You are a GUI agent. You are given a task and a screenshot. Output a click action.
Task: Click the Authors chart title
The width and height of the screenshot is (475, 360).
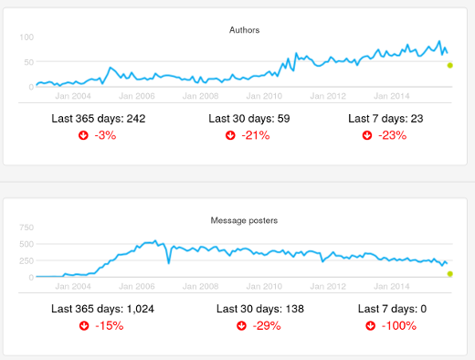pos(244,30)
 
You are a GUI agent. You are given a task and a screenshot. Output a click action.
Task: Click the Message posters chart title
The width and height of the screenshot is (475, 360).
pos(244,220)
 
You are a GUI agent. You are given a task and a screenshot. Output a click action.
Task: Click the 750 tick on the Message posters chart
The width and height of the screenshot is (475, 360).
pos(26,227)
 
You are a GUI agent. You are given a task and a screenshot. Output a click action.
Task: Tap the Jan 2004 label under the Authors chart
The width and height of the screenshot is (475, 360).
pos(73,95)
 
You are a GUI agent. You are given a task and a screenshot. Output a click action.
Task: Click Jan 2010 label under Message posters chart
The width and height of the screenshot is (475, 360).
pos(265,285)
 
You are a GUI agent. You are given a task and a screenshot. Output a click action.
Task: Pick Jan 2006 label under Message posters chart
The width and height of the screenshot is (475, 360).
pos(137,285)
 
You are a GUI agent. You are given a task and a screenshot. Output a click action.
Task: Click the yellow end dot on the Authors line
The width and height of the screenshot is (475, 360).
pos(450,65)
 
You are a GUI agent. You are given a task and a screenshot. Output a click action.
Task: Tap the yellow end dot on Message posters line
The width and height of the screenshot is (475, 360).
pos(450,273)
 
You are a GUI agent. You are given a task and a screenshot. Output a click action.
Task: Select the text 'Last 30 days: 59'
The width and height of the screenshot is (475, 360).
pos(249,119)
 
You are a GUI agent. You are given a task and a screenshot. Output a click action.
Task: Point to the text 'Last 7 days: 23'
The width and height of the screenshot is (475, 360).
pos(393,119)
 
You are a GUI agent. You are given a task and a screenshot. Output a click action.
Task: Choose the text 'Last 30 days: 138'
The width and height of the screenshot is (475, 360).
pos(249,309)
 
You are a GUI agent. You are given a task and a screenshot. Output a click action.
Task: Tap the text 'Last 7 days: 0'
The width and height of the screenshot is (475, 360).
pos(393,309)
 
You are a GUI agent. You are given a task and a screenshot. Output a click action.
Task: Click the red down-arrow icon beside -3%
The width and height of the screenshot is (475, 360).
pos(84,135)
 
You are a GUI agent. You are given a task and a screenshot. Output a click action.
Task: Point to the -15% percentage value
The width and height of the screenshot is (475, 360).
pos(110,325)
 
